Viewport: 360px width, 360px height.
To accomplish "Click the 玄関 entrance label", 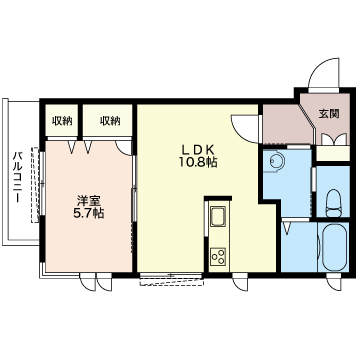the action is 329,114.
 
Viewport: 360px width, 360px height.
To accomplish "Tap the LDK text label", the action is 198,149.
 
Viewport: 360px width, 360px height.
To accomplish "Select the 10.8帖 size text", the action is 198,162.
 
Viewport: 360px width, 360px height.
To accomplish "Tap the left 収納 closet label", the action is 62,121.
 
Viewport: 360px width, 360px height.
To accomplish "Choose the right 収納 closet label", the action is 110,121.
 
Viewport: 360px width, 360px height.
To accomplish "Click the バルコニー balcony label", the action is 18,177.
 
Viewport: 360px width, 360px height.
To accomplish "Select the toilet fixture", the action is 332,203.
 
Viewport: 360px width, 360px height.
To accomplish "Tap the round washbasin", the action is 277,162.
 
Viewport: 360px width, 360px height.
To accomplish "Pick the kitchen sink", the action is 218,217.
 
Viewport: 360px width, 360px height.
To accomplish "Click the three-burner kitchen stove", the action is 218,257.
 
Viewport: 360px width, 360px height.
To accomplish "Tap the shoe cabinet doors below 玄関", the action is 334,139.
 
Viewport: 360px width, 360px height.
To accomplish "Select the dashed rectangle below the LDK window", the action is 172,281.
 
